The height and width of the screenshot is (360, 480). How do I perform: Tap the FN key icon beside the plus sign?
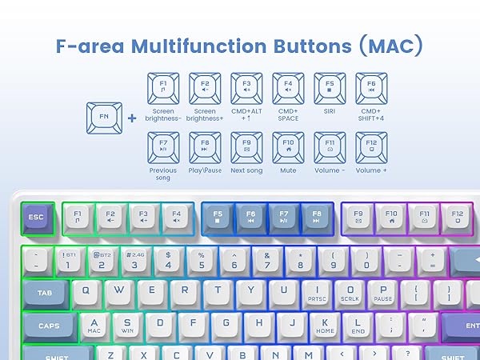[x=104, y=117]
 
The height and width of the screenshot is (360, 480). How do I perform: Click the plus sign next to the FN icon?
[x=132, y=118]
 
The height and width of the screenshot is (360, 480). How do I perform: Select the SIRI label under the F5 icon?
[x=330, y=111]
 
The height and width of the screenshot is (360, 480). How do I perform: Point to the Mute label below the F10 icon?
[x=288, y=170]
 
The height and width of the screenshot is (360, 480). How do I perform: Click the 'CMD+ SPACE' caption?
[x=288, y=115]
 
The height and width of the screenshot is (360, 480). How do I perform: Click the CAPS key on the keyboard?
[x=49, y=326]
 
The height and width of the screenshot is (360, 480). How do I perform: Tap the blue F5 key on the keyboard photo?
[x=218, y=218]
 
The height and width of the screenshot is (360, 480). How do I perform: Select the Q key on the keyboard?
[x=86, y=292]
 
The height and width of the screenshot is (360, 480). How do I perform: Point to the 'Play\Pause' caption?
[x=205, y=170]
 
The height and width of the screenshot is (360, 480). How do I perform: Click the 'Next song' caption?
[x=246, y=170]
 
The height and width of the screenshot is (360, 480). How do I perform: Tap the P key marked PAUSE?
[x=383, y=292]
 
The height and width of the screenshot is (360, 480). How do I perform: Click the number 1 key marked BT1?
[x=69, y=260]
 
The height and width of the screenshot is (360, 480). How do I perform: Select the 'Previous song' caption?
[x=163, y=174]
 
